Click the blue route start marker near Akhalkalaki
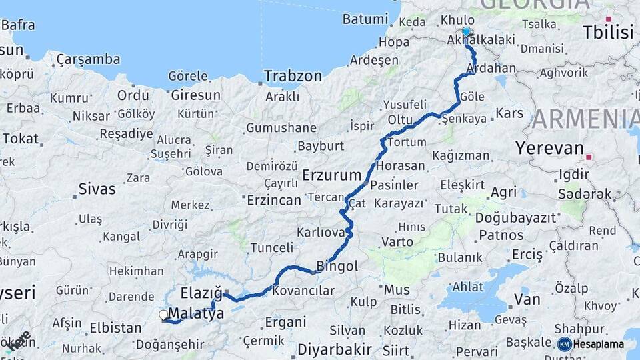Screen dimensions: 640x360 tap(466, 31)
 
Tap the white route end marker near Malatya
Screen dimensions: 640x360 tap(163, 315)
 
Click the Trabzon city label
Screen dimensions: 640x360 tap(293, 76)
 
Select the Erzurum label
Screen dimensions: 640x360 tap(331, 175)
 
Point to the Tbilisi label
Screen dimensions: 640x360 tap(607, 32)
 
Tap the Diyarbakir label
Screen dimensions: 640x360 tap(334, 349)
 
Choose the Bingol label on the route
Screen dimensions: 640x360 tap(337, 266)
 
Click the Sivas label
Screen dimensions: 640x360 tap(97, 189)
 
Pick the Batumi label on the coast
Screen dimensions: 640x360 tap(365, 19)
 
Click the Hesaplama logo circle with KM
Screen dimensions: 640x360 tap(564, 344)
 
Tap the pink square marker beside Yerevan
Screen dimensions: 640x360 tap(589, 158)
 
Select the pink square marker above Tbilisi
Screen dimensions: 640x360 tap(608, 19)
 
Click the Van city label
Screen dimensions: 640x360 tap(527, 299)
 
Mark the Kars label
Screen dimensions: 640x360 tap(510, 113)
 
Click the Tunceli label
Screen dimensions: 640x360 tap(271, 248)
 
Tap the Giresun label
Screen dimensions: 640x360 tap(195, 95)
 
